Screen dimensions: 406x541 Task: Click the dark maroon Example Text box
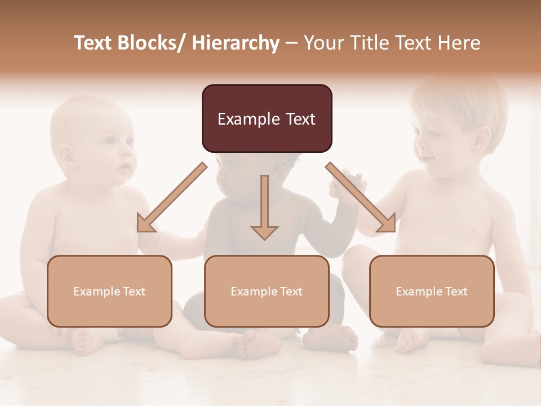tap(267, 118)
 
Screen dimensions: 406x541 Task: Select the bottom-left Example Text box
tap(109, 291)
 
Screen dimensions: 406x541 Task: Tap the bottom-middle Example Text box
tap(267, 291)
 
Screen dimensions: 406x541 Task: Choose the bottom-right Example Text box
tap(432, 291)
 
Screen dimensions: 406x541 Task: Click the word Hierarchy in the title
tap(235, 43)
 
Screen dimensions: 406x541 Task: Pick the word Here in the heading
tap(460, 43)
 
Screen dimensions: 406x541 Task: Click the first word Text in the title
tap(94, 43)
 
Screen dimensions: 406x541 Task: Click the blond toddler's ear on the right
tap(482, 138)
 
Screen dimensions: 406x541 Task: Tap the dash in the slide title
tap(291, 43)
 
